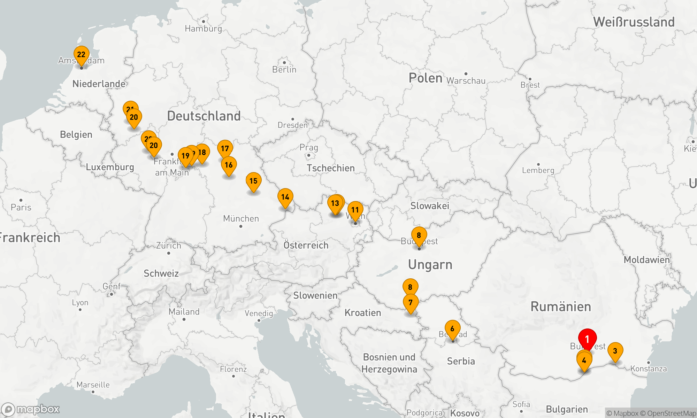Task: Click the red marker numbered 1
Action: click(x=587, y=339)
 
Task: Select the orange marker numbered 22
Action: click(x=81, y=55)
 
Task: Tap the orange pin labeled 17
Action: click(x=225, y=149)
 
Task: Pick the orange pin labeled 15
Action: click(x=253, y=181)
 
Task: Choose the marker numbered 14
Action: click(x=285, y=197)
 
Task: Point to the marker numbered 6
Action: click(x=452, y=329)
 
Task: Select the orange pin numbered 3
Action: click(x=615, y=351)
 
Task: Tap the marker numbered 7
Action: click(x=411, y=302)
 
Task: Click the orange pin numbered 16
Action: click(x=229, y=165)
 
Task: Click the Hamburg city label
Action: click(x=203, y=29)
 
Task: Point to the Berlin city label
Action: click(x=284, y=69)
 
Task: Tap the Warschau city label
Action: click(x=466, y=80)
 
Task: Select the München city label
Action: click(x=241, y=218)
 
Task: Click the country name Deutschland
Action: click(x=204, y=116)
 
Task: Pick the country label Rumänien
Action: click(x=561, y=307)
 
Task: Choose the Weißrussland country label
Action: click(x=634, y=22)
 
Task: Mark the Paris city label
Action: click(x=21, y=207)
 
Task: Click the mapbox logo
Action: click(x=31, y=409)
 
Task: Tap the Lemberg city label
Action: click(x=538, y=170)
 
